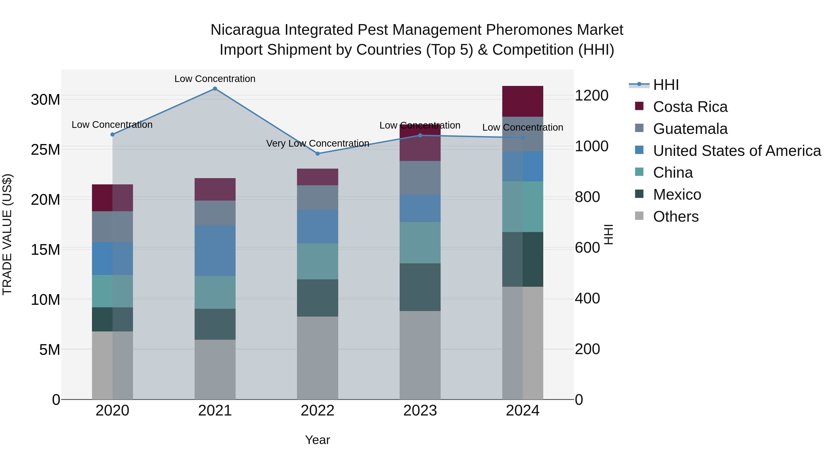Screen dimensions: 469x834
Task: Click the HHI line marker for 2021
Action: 215,89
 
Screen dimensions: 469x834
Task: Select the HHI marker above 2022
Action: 318,153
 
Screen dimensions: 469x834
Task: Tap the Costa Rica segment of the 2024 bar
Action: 523,101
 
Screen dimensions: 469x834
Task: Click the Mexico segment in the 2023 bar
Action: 420,287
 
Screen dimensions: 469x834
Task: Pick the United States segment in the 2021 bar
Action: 215,251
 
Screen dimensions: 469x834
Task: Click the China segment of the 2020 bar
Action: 112,291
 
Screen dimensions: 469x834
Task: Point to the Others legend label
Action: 676,217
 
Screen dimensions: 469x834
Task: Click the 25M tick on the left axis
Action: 45,150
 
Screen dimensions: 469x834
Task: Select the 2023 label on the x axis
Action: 420,411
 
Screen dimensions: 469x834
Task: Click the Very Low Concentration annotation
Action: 318,143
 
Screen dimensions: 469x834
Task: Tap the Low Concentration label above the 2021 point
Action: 215,79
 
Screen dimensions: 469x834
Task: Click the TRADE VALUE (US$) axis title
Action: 7,234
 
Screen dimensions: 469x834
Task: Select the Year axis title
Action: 318,440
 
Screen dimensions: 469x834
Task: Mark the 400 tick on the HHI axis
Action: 587,299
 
